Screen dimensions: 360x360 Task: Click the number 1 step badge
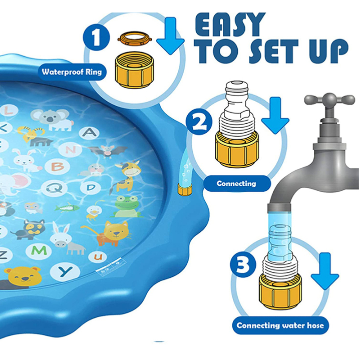[97, 37]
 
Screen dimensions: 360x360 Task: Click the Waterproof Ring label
[72, 72]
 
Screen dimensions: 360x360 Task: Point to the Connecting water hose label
[280, 325]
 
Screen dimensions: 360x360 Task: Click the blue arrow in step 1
[171, 36]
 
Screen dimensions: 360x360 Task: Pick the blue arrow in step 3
[325, 271]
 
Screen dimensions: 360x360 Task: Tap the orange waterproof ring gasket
[135, 39]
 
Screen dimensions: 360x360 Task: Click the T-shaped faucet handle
[329, 99]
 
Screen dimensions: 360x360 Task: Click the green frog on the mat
[127, 206]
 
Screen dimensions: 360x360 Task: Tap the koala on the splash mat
[52, 120]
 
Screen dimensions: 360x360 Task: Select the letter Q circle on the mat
[55, 189]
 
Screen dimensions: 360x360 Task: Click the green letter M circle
[39, 251]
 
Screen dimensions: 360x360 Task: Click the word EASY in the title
[230, 25]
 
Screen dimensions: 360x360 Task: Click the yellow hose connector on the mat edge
[185, 188]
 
